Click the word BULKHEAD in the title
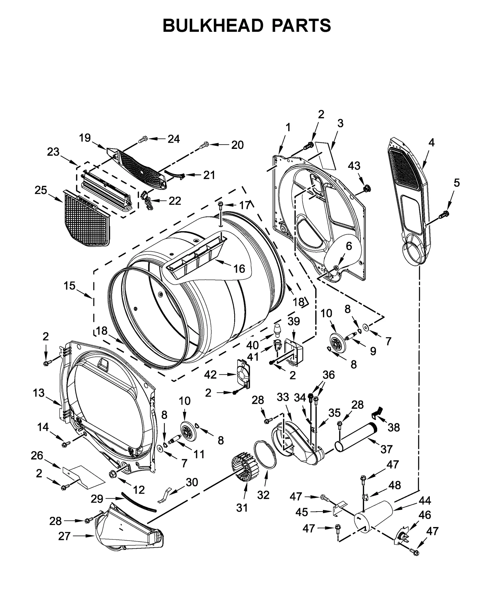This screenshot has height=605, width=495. point(213,25)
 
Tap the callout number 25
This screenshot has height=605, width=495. point(41,190)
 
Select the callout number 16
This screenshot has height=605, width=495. point(239,269)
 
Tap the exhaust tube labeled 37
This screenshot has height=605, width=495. point(356,439)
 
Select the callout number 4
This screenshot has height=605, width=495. point(431,143)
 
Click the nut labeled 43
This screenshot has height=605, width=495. point(367,188)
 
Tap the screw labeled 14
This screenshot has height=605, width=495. point(65,444)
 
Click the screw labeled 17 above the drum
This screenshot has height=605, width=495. point(221,204)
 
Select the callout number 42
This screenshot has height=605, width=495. point(210,375)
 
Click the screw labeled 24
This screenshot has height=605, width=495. point(143,140)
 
